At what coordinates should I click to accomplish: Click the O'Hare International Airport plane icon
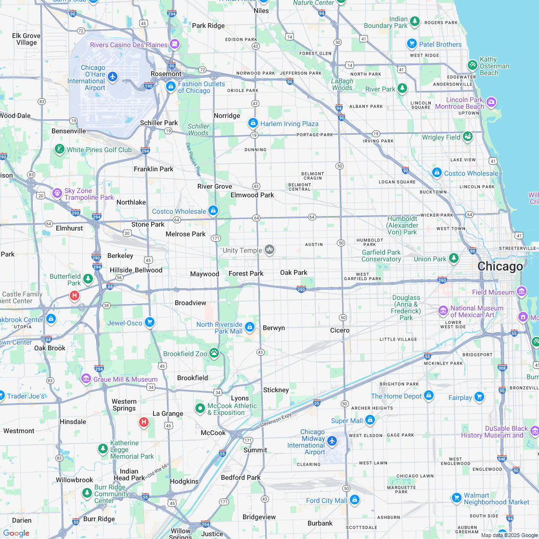113,77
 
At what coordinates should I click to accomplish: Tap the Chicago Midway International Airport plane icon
332,440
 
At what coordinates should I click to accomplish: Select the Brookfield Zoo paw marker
214,354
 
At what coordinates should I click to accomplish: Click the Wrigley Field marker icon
468,137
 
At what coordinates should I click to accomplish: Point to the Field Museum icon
522,292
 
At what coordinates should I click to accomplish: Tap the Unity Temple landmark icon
269,250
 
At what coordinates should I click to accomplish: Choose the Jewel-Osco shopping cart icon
150,322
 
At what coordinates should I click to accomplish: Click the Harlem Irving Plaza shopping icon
253,123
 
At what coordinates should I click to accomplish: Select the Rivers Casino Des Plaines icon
174,45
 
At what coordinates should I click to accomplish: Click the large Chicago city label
500,267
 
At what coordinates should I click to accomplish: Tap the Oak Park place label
294,272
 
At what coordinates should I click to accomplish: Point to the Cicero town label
340,331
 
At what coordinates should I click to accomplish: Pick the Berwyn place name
274,328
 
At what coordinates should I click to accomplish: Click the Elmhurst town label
69,228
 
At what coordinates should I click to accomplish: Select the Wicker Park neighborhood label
436,215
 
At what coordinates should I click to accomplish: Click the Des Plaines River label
193,159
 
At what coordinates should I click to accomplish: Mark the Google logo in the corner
16,533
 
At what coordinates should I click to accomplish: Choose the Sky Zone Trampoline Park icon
58,192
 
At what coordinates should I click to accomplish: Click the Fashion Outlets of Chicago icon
170,87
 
